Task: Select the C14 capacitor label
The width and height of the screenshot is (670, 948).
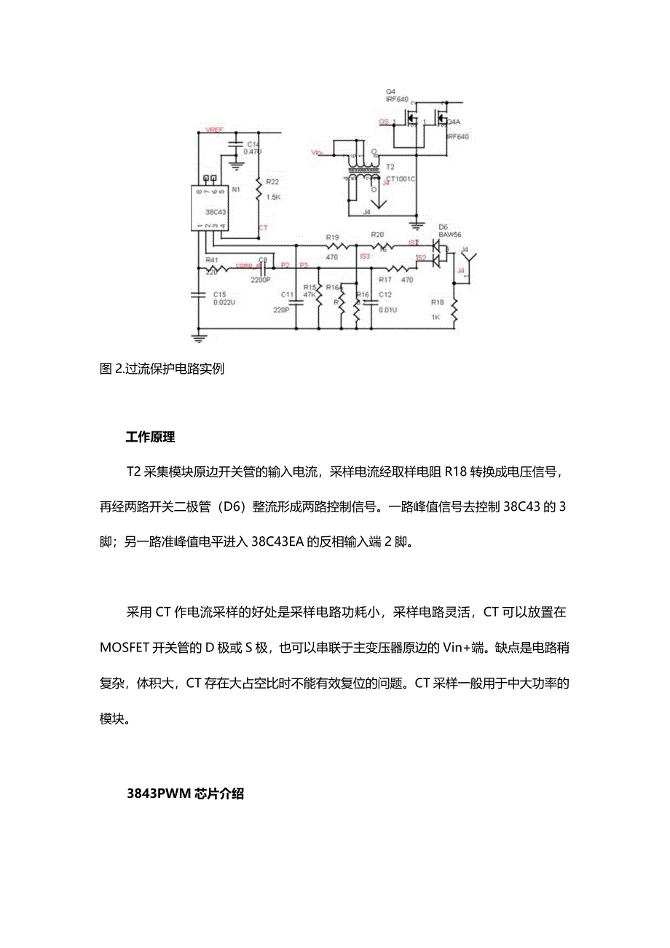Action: click(253, 144)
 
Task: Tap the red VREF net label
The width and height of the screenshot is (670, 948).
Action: click(215, 130)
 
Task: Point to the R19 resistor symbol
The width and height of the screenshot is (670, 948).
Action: click(334, 246)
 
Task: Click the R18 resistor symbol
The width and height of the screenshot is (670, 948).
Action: click(454, 311)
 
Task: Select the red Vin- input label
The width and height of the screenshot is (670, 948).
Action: click(317, 152)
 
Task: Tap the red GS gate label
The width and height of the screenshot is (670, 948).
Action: click(383, 122)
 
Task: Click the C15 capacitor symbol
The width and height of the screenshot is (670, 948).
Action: click(198, 294)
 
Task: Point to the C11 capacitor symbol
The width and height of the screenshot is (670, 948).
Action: click(295, 294)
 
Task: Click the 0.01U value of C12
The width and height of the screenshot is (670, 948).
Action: click(387, 310)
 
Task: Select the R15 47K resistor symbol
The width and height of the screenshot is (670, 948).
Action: click(319, 299)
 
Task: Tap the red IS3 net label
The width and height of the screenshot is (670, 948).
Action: click(365, 256)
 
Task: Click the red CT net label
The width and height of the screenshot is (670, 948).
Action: click(264, 228)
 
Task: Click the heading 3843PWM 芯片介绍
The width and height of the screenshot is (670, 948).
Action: click(184, 794)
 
